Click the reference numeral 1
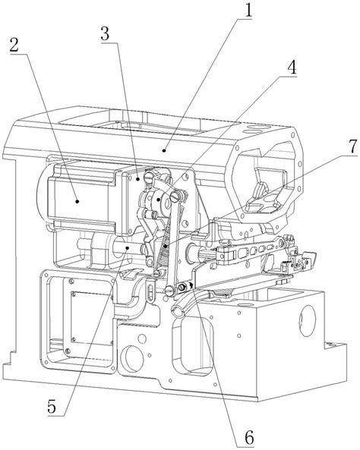[x=248, y=11]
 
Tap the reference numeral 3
[x=105, y=34]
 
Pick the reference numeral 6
[x=249, y=438]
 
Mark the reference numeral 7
[x=352, y=146]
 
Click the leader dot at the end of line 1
[x=164, y=149]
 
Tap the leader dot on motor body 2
[x=77, y=201]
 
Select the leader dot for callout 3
[x=138, y=179]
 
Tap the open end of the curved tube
[x=176, y=311]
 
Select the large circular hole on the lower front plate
[x=132, y=358]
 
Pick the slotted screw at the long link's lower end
[x=170, y=291]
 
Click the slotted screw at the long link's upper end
[x=175, y=197]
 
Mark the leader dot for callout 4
[x=158, y=200]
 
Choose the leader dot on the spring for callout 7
[x=165, y=247]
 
